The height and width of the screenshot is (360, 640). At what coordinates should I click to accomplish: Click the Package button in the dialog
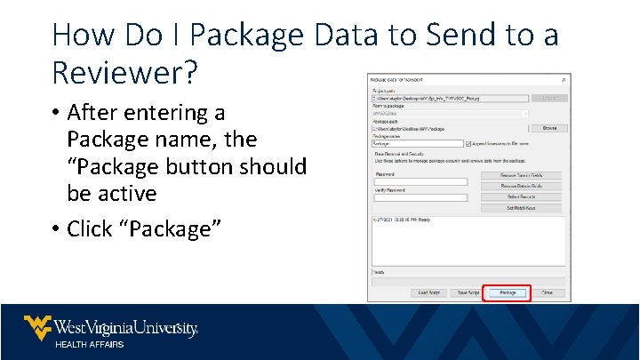pyautogui.click(x=507, y=292)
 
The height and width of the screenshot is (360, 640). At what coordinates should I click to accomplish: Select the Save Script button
pyautogui.click(x=468, y=292)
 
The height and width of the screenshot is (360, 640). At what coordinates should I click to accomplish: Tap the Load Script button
pyautogui.click(x=427, y=292)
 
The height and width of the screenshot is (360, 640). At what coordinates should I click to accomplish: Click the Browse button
pyautogui.click(x=549, y=128)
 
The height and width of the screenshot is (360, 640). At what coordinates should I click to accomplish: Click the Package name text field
pyautogui.click(x=418, y=143)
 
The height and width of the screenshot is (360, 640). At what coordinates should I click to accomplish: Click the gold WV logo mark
pyautogui.click(x=36, y=328)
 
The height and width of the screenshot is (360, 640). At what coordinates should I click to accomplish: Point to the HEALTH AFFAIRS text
pyautogui.click(x=90, y=345)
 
